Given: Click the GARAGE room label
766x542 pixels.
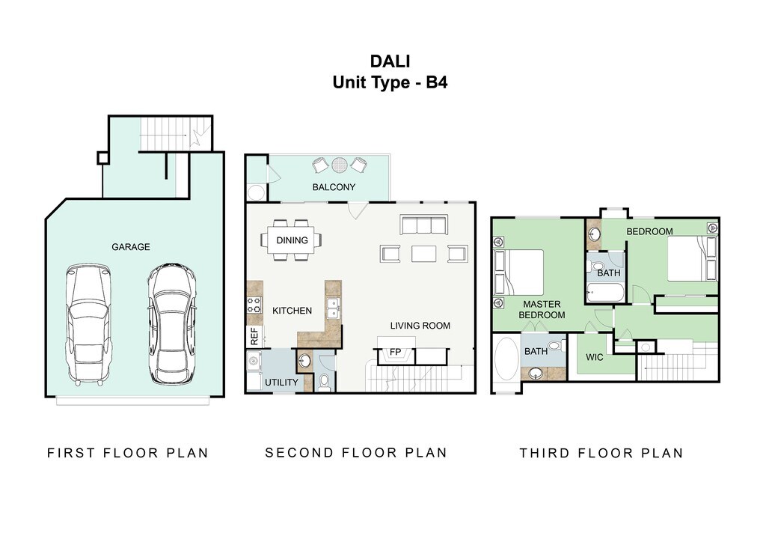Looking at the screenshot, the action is click(x=130, y=247).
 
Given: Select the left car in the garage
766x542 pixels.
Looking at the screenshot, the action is click(x=88, y=324).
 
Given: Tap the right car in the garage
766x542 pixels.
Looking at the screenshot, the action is click(x=172, y=323).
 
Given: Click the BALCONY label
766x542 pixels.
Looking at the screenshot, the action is click(x=334, y=186).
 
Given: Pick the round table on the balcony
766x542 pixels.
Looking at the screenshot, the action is click(x=339, y=165).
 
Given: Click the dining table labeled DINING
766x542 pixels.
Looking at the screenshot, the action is click(x=292, y=240).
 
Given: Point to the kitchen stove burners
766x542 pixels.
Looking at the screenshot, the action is click(x=254, y=305).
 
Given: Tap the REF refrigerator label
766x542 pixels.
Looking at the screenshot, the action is click(x=254, y=336).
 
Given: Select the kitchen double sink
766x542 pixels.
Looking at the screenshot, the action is click(x=334, y=308).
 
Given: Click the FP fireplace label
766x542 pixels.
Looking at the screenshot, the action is click(x=395, y=351).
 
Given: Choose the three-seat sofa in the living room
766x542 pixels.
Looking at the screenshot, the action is click(x=423, y=225).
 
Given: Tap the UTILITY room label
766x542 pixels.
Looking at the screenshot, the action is click(x=281, y=383).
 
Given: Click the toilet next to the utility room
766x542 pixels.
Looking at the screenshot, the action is click(x=324, y=382).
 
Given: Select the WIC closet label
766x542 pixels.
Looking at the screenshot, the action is click(x=595, y=357).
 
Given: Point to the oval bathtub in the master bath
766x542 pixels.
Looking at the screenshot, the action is click(x=506, y=359).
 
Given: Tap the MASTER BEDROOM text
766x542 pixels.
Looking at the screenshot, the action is click(x=542, y=309).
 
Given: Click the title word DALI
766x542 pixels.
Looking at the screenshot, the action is click(x=390, y=61).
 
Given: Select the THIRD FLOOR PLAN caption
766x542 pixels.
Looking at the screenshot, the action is click(x=601, y=453).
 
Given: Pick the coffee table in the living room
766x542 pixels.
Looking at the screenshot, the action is click(x=423, y=254).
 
